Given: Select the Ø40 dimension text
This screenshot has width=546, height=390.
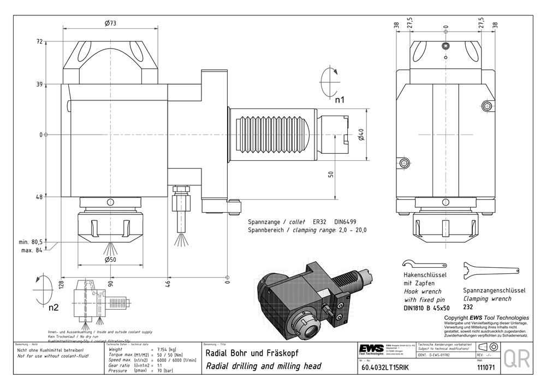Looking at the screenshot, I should (x=361, y=135).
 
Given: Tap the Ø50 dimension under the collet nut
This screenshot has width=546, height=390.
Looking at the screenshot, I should (x=111, y=259).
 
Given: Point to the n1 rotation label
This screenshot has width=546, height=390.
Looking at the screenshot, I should (x=340, y=100).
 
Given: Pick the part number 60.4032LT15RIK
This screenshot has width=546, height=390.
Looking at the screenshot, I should (x=384, y=368).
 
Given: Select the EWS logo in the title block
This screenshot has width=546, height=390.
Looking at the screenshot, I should (x=371, y=349).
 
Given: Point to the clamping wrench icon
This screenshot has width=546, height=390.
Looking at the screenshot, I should (x=490, y=269).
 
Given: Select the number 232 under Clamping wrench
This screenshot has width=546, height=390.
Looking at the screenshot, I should (x=468, y=307).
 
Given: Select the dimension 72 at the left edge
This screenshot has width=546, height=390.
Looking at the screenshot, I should (x=39, y=41).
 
